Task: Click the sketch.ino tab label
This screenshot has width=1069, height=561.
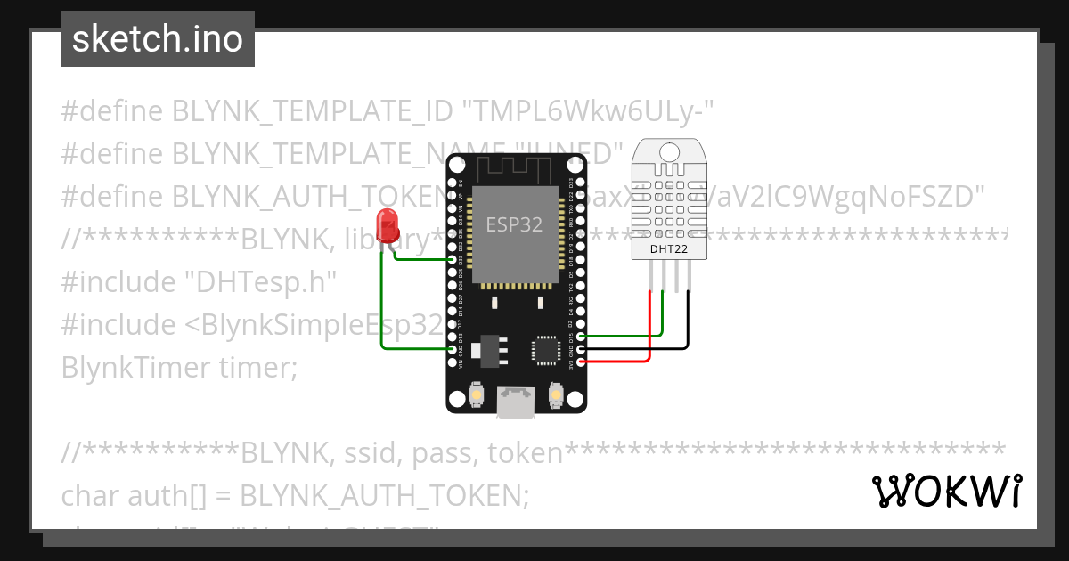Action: pos(158,39)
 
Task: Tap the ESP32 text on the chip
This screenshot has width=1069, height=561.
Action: pos(513,224)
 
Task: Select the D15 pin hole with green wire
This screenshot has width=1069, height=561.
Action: pos(581,337)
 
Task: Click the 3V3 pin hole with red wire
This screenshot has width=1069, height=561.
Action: pos(581,362)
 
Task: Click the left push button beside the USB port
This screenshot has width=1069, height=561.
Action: pos(477,394)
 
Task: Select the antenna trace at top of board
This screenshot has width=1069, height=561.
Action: pos(517,167)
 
